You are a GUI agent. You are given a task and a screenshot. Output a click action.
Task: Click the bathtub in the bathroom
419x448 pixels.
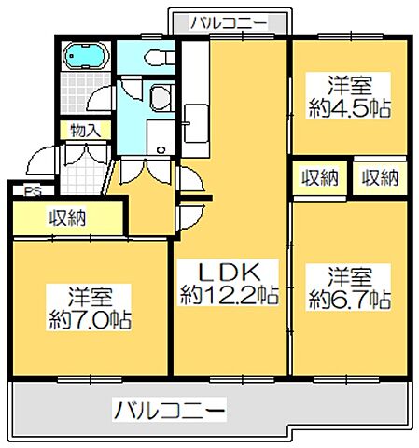click(x=85, y=59)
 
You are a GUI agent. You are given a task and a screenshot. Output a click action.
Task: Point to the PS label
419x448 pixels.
click(x=31, y=193)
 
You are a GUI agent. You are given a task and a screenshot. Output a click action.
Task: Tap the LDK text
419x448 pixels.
click(x=229, y=273)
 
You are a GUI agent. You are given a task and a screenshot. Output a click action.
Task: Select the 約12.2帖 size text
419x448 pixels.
click(x=229, y=297)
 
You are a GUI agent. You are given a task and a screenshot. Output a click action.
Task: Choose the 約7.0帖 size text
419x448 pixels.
click(x=90, y=320)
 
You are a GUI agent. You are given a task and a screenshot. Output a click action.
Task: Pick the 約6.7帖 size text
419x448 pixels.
click(x=349, y=300)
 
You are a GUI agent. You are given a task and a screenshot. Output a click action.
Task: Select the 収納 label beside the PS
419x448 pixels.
click(x=67, y=218)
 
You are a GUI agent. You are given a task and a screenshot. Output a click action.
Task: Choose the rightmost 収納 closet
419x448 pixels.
click(x=380, y=176)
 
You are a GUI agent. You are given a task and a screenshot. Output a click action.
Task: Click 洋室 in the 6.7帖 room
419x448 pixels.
click(x=349, y=276)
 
